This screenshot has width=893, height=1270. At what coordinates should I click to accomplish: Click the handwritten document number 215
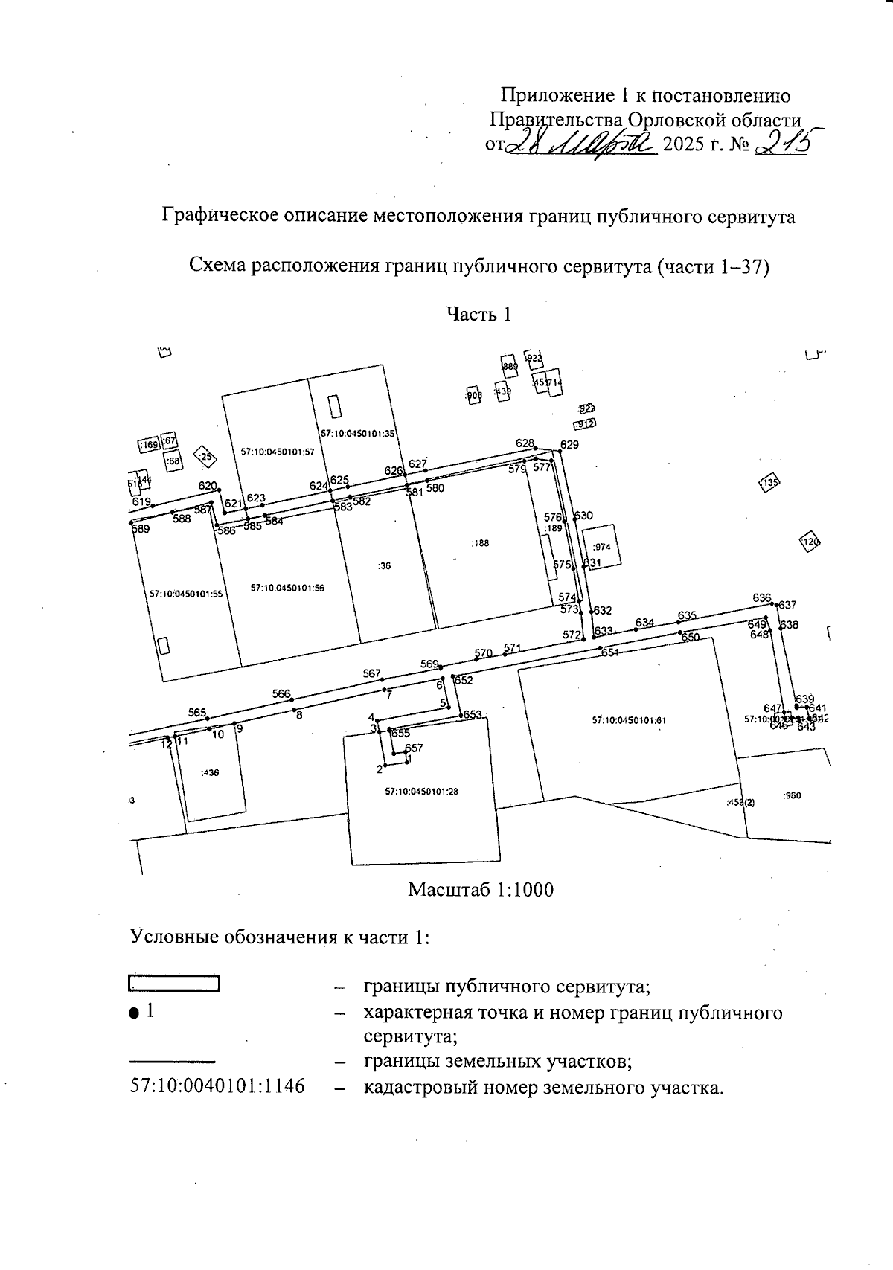[781, 141]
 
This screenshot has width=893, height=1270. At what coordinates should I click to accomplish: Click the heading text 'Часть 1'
[478, 315]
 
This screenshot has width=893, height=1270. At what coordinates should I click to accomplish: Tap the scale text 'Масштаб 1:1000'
[481, 890]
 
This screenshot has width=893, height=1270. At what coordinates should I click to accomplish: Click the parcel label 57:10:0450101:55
[186, 594]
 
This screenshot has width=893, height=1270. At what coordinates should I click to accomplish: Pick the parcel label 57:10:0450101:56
[287, 588]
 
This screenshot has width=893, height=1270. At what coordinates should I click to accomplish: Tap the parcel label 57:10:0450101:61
[629, 720]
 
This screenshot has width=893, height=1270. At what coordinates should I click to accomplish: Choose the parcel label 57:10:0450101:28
[421, 792]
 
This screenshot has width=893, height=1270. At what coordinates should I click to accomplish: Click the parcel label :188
[480, 544]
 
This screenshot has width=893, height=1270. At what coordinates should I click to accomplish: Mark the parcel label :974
[602, 547]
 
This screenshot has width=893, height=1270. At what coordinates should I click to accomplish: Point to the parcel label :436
[211, 773]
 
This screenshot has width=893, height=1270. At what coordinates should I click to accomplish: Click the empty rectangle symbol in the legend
[175, 983]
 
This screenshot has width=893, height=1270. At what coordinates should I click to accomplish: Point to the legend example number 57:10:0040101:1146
[217, 1086]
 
